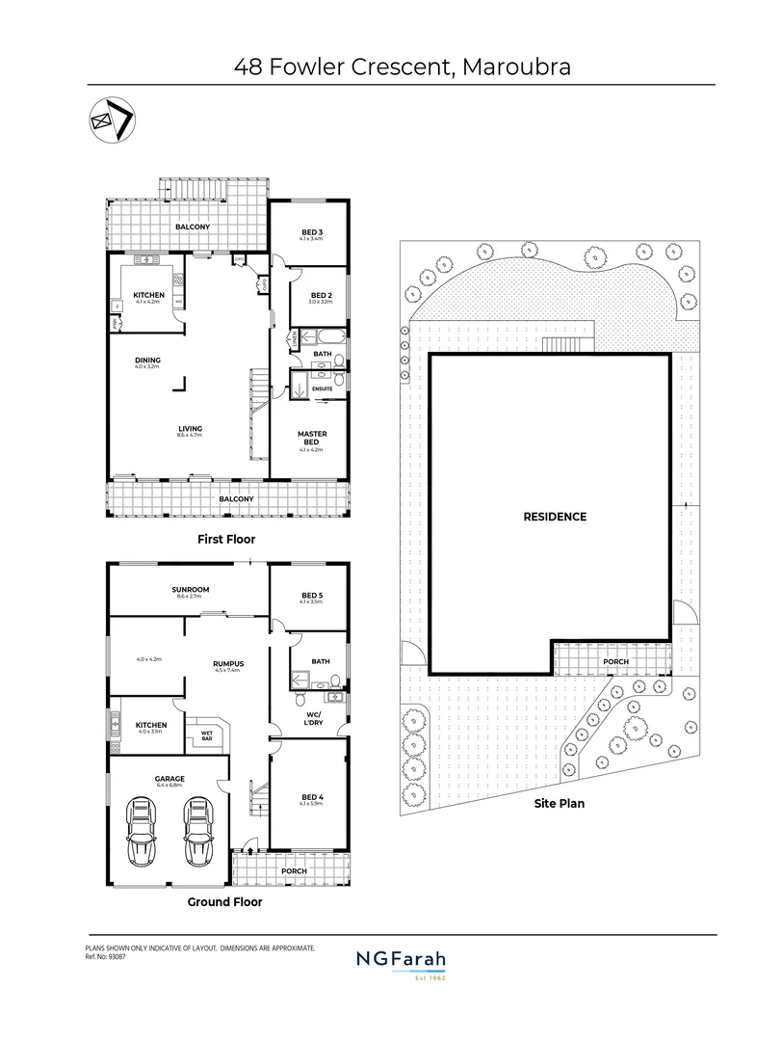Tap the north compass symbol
[x=112, y=120]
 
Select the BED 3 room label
[x=311, y=233]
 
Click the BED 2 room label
[x=321, y=297]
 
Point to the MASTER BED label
[x=311, y=439]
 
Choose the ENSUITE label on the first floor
[x=322, y=388]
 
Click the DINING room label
[x=147, y=360]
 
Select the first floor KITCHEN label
[x=147, y=295]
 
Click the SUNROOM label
[x=190, y=590]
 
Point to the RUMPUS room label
[x=228, y=663]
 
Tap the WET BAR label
[x=206, y=734]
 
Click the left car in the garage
[x=143, y=833]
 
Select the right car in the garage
[x=197, y=833]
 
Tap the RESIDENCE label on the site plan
[x=555, y=517]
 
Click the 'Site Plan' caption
[x=559, y=802]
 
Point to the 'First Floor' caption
[x=225, y=539]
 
